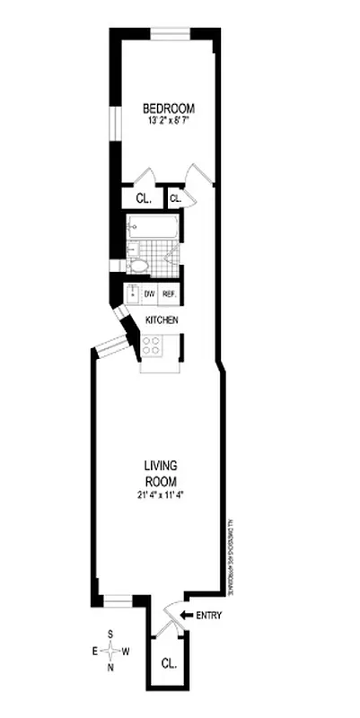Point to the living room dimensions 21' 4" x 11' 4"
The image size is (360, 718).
click(x=162, y=493)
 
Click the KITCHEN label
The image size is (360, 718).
click(x=162, y=320)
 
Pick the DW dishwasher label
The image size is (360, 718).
click(x=149, y=293)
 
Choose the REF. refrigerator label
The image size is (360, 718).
click(x=169, y=293)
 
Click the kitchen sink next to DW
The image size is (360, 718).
click(x=131, y=294)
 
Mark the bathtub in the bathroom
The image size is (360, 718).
click(x=153, y=228)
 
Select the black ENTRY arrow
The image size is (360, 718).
click(x=186, y=615)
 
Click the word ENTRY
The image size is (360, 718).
click(x=208, y=615)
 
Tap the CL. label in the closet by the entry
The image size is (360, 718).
click(x=169, y=665)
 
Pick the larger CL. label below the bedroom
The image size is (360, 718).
click(x=142, y=198)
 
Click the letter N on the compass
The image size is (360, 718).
click(x=110, y=667)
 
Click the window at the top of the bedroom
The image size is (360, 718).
click(x=169, y=34)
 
